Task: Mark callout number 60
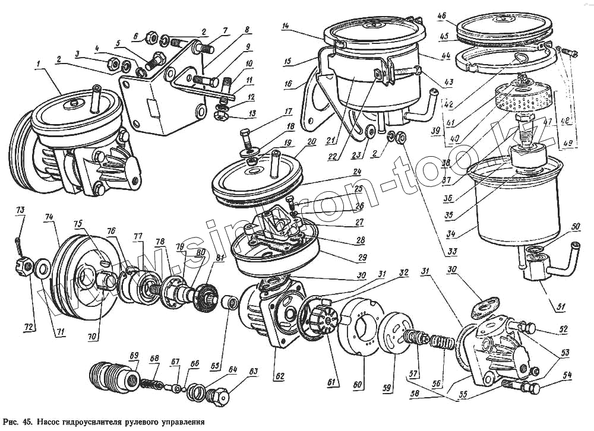[x=358, y=385]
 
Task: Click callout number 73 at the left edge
[x=20, y=211]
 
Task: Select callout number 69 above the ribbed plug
[x=134, y=356]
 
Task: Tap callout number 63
[x=254, y=372]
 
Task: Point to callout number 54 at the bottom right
[x=568, y=375]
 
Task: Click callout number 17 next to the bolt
[x=271, y=111]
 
